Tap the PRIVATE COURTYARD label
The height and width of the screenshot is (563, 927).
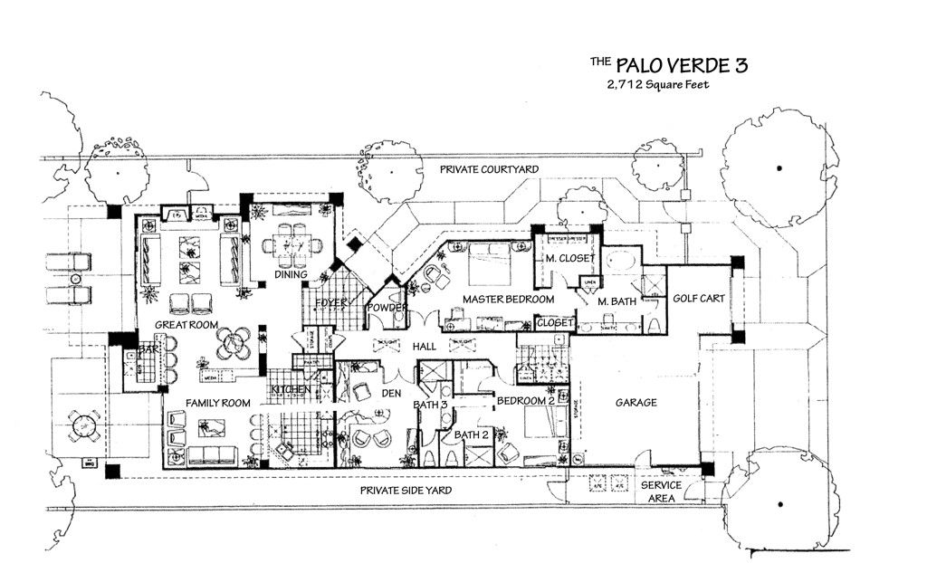(489, 169)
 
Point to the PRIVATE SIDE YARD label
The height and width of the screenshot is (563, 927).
(406, 490)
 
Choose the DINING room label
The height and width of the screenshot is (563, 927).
(291, 274)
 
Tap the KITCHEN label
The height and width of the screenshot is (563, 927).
(291, 390)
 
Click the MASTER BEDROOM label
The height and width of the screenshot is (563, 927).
(508, 299)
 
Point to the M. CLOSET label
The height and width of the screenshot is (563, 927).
(569, 259)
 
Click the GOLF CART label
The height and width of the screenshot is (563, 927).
(699, 299)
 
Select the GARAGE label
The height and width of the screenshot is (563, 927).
(636, 403)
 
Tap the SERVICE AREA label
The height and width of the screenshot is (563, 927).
(662, 491)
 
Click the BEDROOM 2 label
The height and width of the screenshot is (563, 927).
(525, 400)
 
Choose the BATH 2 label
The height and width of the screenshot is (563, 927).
(471, 434)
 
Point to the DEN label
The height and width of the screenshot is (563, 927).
(392, 394)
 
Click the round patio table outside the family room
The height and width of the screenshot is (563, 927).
(82, 425)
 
